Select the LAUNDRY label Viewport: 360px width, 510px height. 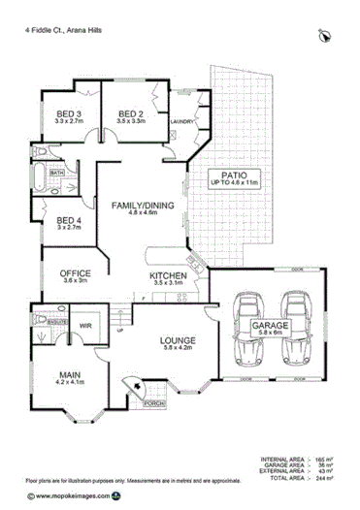click(x=181, y=121)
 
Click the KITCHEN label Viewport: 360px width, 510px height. click(x=168, y=277)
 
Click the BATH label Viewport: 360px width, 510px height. click(x=44, y=174)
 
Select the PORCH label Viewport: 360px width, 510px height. click(x=154, y=402)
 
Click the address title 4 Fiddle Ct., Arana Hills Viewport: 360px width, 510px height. click(x=63, y=30)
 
